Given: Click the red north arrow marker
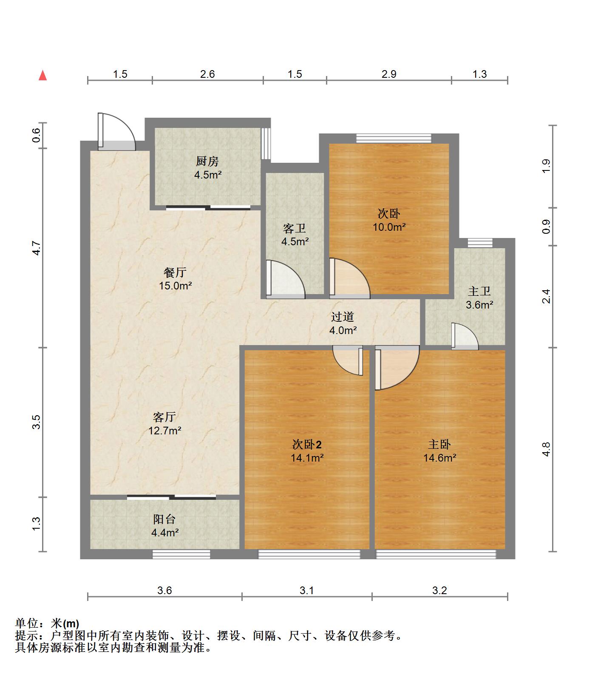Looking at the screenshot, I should pyautogui.click(x=42, y=76).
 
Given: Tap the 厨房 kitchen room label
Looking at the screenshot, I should pyautogui.click(x=207, y=161).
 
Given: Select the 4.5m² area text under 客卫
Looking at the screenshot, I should pyautogui.click(x=295, y=242).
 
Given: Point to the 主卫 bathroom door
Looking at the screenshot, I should pyautogui.click(x=465, y=337).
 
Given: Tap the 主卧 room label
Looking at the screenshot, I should pyautogui.click(x=439, y=445).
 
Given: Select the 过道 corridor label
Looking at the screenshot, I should pyautogui.click(x=343, y=317).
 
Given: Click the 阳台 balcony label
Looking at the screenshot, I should pyautogui.click(x=164, y=519).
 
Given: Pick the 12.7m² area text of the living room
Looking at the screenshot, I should pyautogui.click(x=165, y=431).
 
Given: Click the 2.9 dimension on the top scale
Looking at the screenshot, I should pyautogui.click(x=388, y=74).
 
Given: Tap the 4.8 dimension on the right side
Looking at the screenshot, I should pyautogui.click(x=546, y=449).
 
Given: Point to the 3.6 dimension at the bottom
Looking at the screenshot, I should pyautogui.click(x=164, y=590).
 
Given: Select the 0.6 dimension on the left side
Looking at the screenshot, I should pyautogui.click(x=36, y=135).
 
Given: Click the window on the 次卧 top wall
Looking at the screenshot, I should pyautogui.click(x=394, y=138).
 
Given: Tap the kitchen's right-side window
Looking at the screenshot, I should pyautogui.click(x=266, y=143).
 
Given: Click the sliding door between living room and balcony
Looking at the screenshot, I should pyautogui.click(x=172, y=497).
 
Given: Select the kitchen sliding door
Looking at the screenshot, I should pyautogui.click(x=208, y=208).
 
